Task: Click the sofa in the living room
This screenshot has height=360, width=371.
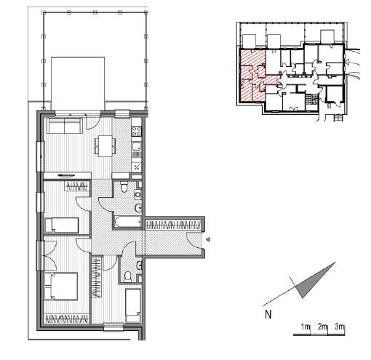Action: (x=65, y=126)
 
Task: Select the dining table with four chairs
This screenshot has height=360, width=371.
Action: (x=105, y=146)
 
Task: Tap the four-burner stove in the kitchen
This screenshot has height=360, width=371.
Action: (x=137, y=131)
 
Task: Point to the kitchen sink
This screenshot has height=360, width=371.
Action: (x=137, y=147)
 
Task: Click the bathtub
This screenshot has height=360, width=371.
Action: (x=128, y=222)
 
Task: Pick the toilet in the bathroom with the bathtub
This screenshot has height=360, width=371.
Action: (x=124, y=187)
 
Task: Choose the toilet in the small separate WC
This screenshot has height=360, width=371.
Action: (x=127, y=276)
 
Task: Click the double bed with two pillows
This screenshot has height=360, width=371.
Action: (x=61, y=286)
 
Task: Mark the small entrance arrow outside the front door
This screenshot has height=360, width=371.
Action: (x=208, y=239)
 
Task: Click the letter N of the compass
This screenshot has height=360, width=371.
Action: (x=268, y=314)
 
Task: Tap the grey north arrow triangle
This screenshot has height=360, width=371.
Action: (x=315, y=281)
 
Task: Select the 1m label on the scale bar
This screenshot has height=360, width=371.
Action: (x=306, y=327)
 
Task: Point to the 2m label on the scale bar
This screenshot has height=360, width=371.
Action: (x=322, y=327)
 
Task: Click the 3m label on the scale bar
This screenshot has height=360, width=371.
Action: (x=340, y=327)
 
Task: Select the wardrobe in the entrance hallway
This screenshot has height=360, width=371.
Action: (x=173, y=225)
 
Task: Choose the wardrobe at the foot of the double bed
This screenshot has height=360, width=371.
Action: (x=66, y=319)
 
